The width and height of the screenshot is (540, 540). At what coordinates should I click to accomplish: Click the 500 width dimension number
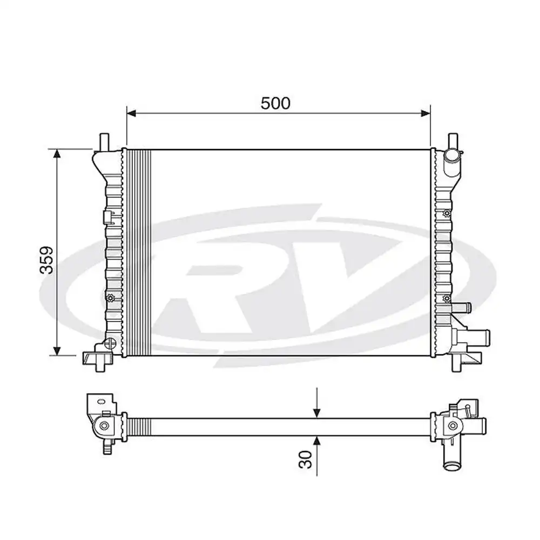click(x=275, y=103)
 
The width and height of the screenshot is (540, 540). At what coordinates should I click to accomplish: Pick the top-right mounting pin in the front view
click(x=453, y=140)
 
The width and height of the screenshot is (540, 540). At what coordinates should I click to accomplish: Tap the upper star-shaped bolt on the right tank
click(x=446, y=215)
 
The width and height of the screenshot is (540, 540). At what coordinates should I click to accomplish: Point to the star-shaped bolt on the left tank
click(x=110, y=298)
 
